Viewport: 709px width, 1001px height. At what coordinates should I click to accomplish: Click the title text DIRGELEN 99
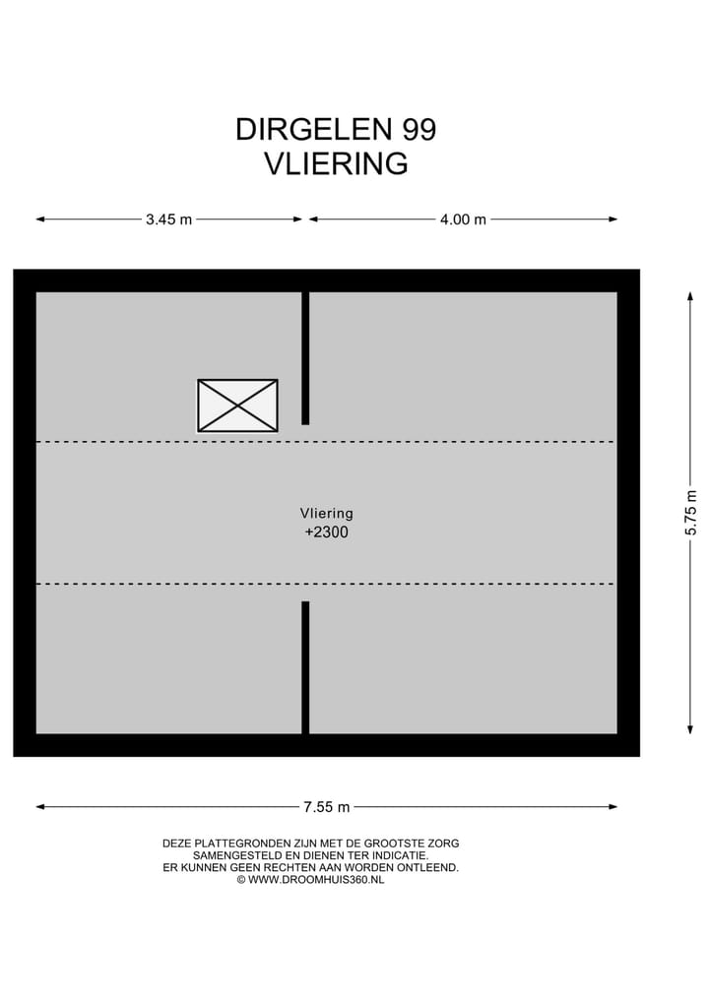(335, 130)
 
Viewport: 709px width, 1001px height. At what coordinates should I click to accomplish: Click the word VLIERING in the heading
(335, 163)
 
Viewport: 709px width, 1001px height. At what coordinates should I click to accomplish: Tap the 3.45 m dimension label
(168, 219)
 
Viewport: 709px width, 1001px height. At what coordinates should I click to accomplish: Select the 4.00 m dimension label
(463, 219)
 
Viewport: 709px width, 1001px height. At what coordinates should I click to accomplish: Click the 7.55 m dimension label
(326, 807)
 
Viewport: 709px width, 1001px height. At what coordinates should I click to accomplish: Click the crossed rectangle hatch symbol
(237, 406)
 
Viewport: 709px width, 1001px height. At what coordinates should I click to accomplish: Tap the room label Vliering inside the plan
(326, 513)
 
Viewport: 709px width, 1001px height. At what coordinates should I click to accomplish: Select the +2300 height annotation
(326, 532)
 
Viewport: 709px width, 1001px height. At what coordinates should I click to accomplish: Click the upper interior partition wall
(305, 357)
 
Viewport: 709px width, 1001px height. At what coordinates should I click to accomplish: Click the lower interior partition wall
(305, 666)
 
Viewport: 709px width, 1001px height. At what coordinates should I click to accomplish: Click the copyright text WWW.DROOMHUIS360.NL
(315, 880)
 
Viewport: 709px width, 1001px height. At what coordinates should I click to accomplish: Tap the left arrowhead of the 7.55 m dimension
(40, 807)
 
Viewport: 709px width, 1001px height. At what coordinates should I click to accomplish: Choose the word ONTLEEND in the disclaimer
(428, 868)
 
